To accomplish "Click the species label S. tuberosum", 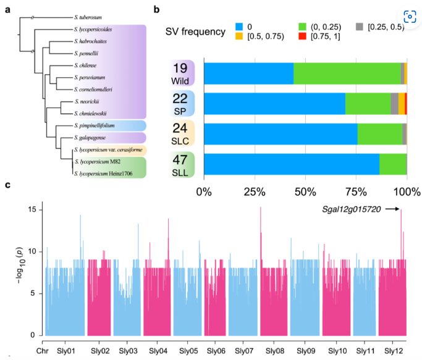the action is (x=88, y=17).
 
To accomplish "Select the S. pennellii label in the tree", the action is (x=86, y=53).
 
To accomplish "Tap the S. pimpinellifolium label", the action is (x=95, y=125).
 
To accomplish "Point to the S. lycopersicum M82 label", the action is (x=98, y=162).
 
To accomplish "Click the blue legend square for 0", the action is (x=239, y=27).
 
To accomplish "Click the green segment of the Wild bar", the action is (x=347, y=73).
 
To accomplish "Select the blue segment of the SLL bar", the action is (x=292, y=164).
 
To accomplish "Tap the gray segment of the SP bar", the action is (x=395, y=104).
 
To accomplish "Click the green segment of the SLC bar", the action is (x=380, y=134).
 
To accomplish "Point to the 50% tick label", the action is (x=305, y=192).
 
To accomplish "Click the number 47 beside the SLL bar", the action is (x=180, y=160).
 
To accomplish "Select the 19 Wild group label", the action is (x=180, y=73).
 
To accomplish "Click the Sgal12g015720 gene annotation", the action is (x=351, y=209).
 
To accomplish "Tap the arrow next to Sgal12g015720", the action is (x=392, y=209).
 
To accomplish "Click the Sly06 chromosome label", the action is (x=216, y=351).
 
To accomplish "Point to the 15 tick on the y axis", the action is (x=32, y=209).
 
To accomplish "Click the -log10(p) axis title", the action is (x=20, y=266).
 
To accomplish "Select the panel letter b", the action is (x=156, y=9).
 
